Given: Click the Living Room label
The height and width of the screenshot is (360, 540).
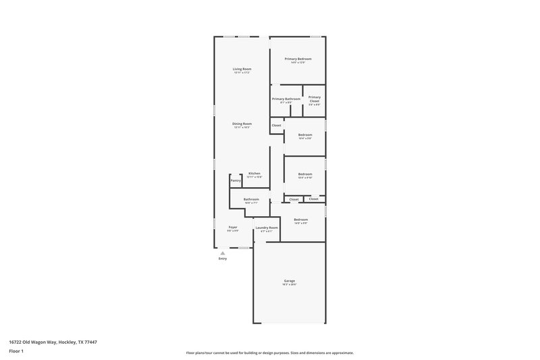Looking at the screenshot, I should [242, 69].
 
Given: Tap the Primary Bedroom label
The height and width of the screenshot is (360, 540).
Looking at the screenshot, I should [298, 59].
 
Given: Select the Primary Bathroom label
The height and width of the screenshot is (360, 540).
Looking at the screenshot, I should [286, 99].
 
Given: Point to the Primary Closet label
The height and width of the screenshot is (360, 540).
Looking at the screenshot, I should [315, 99].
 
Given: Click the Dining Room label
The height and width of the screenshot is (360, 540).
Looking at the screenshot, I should [242, 124].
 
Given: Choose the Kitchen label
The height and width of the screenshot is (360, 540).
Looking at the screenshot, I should [254, 174].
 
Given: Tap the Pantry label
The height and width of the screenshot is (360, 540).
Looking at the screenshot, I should [236, 180].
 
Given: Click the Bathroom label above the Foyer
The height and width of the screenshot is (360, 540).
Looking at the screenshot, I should [251, 199].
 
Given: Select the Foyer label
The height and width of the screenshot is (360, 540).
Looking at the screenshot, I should [233, 227].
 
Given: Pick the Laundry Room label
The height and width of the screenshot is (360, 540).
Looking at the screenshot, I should [267, 228].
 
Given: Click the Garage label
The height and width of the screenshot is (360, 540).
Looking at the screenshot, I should [289, 281].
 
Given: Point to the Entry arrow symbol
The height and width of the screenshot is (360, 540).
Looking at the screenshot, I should [223, 253].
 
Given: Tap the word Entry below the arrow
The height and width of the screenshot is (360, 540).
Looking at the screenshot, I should [223, 259].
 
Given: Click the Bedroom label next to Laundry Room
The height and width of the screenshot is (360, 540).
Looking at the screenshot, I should [301, 220].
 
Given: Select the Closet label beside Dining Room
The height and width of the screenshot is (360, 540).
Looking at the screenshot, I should [277, 125].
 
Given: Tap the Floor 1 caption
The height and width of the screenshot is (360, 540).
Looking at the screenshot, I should [17, 352].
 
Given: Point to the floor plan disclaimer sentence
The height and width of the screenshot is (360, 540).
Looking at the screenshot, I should [269, 353].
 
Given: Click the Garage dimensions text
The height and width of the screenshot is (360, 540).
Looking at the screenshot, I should [289, 284].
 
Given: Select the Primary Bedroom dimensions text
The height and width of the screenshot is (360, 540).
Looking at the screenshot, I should [298, 63].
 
